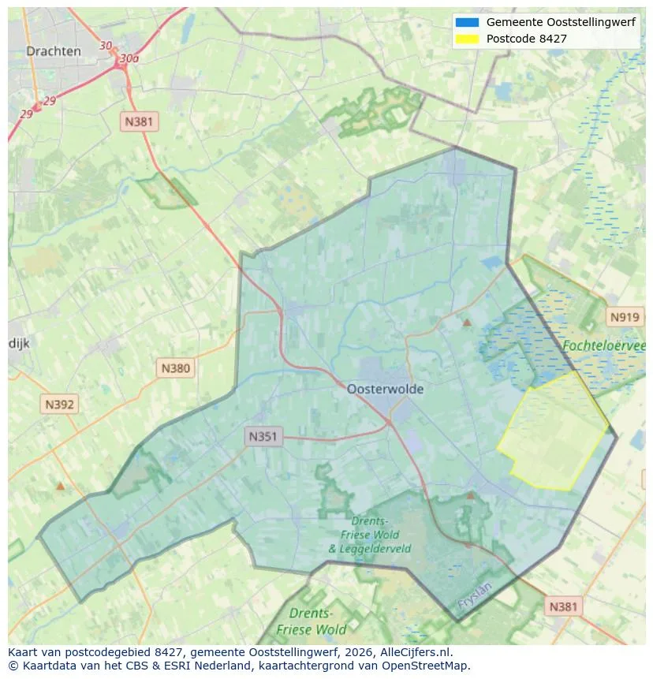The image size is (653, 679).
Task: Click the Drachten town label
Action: point(53,51)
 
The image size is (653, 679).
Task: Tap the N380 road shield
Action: point(175,367)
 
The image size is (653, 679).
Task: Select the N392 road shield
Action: point(59,405)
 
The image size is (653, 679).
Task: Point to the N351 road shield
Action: point(263,436)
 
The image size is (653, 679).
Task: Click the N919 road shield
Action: point(624,317)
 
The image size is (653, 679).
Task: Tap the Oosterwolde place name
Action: point(385,389)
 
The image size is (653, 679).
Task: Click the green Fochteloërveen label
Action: point(603,345)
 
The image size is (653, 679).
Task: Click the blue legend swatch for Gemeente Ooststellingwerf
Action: point(467,22)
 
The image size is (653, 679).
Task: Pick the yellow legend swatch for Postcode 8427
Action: point(467,39)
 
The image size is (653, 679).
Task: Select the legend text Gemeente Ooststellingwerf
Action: point(561,22)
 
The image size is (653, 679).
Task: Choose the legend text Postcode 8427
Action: point(526,39)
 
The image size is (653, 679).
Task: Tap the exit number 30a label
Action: point(129,58)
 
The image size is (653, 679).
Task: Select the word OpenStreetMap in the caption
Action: point(429,666)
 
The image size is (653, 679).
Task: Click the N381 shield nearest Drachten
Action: point(140,121)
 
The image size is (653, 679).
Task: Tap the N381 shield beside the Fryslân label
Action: point(562,606)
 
